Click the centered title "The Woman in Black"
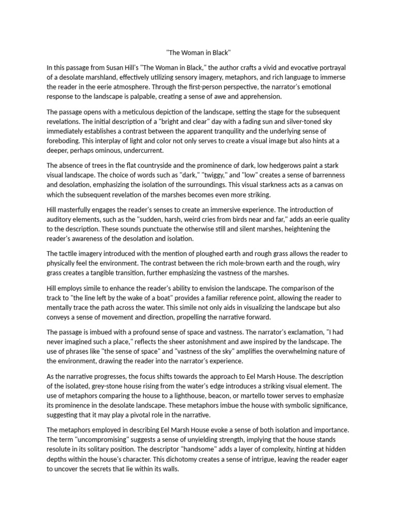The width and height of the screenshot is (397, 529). point(198,53)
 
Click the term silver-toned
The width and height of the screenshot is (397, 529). point(292,122)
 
